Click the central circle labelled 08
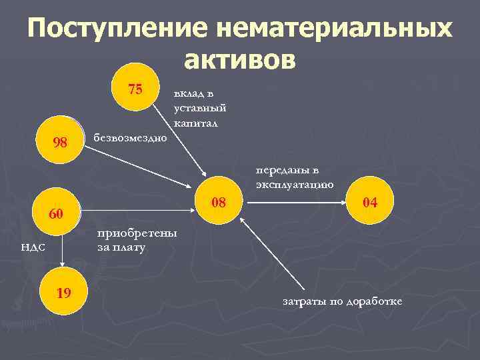[218, 201]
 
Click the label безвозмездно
[131, 138]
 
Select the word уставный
[199, 108]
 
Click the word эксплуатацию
[294, 183]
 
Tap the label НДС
[33, 247]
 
